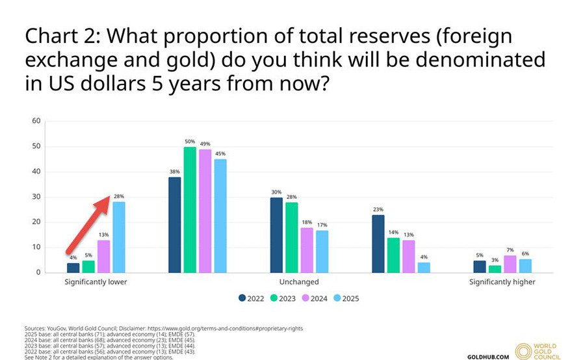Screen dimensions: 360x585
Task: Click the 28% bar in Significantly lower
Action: (118, 237)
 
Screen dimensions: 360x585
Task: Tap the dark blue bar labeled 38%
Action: (174, 225)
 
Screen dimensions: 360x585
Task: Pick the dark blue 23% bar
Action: (378, 244)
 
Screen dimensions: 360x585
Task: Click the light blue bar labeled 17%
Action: (322, 251)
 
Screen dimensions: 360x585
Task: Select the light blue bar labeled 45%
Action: (220, 216)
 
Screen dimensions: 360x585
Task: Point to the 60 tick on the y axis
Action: (36, 121)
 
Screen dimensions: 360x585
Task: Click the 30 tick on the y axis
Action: (36, 197)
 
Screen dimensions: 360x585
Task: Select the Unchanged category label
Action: (299, 282)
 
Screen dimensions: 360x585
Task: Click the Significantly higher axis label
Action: (502, 282)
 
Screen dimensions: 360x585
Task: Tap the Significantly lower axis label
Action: (96, 282)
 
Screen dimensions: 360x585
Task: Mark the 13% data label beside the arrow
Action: (103, 235)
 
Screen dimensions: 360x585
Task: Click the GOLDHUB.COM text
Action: (487, 357)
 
